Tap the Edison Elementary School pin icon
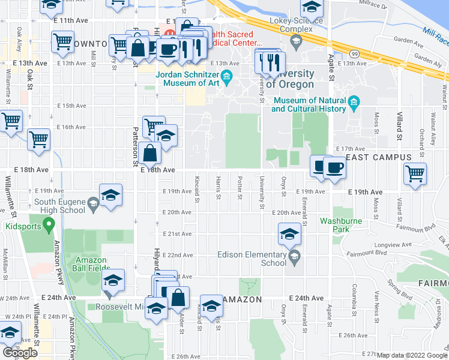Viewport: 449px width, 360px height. point(294,259)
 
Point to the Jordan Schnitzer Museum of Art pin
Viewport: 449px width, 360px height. point(226,77)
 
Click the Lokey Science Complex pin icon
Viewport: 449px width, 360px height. point(295,41)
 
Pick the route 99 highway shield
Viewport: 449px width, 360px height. point(355,55)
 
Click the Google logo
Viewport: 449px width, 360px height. point(20,352)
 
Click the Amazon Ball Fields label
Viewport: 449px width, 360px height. point(91,263)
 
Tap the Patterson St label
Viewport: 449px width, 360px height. point(136,146)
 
